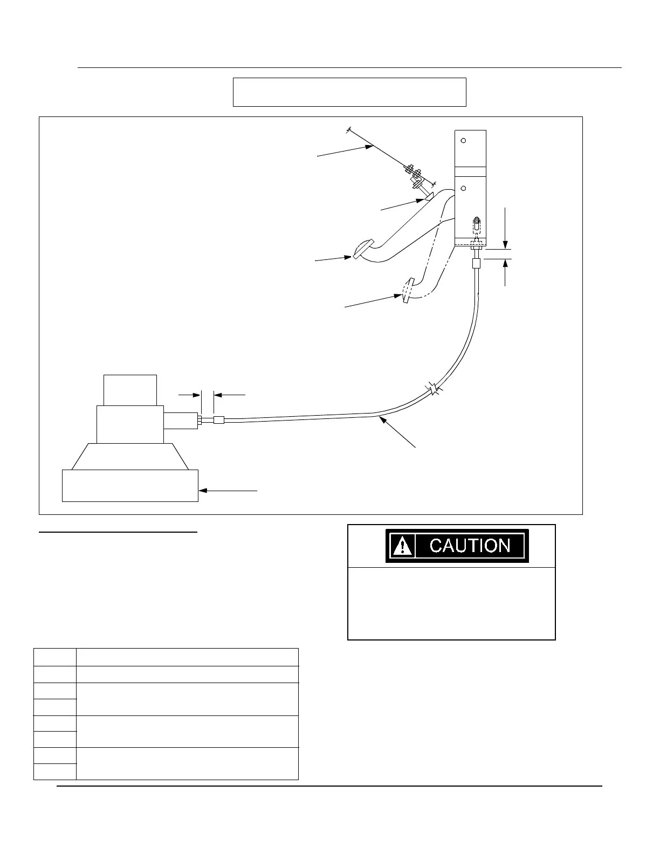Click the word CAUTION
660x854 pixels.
pos(470,546)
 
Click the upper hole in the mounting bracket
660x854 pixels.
pos(463,141)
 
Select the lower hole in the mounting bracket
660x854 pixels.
pos(463,188)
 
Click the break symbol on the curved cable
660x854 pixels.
pos(435,389)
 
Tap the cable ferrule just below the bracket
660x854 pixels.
pos(476,264)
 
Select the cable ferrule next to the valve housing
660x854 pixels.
pos(218,420)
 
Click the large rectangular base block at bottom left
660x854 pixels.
pos(130,486)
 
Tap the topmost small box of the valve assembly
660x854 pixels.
pos(130,390)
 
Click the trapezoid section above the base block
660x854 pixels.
pos(130,456)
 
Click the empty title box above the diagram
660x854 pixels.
pos(349,92)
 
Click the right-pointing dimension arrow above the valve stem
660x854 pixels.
pos(197,395)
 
